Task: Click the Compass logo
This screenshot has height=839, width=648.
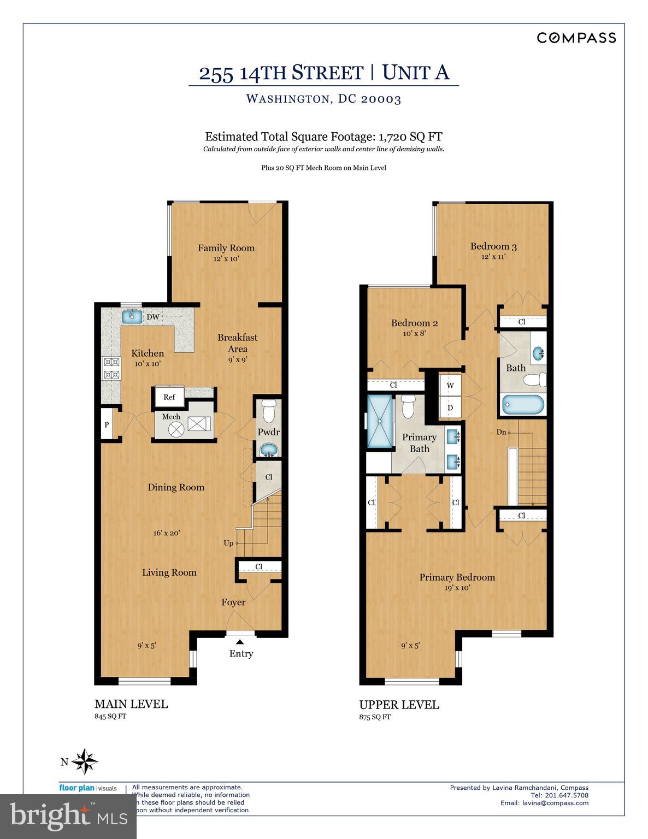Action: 576,38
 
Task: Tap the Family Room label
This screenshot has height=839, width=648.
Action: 226,248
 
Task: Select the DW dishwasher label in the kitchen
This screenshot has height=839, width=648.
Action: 153,317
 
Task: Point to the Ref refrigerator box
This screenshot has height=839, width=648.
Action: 169,397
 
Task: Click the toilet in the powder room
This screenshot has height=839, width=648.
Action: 268,410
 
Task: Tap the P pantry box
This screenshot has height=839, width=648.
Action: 107,424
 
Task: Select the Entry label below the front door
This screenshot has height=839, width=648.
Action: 241,654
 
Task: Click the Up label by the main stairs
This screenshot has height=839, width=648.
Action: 229,543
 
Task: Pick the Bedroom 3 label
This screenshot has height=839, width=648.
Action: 493,246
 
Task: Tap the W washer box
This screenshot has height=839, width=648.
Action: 451,385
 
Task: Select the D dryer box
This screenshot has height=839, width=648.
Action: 451,407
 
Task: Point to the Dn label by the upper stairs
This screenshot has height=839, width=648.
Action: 501,432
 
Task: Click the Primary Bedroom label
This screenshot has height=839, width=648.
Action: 457,577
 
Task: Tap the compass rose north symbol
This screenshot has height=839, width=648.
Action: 85,761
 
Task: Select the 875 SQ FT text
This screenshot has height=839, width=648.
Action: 375,717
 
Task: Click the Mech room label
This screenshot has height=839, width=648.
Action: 171,417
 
